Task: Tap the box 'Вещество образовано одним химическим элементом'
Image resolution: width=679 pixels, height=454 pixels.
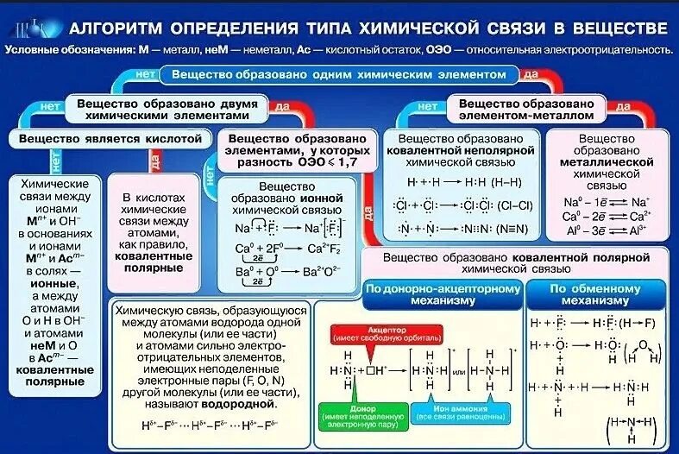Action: tap(339, 75)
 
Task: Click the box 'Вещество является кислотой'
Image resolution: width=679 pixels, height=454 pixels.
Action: tap(110, 138)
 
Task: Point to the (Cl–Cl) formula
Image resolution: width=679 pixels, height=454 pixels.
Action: tap(509, 205)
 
